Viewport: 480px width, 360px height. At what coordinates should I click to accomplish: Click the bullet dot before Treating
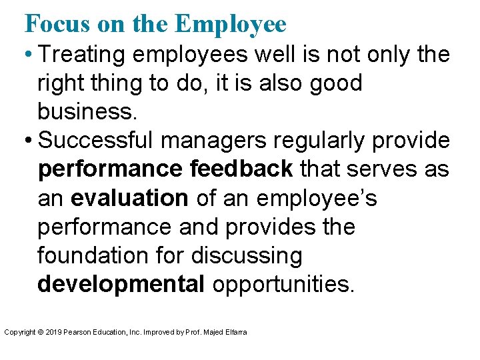29,55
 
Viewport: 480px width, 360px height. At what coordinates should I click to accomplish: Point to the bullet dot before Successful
29,141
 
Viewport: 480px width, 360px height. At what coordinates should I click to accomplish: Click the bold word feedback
241,170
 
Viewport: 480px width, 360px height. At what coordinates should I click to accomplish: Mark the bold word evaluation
129,199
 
